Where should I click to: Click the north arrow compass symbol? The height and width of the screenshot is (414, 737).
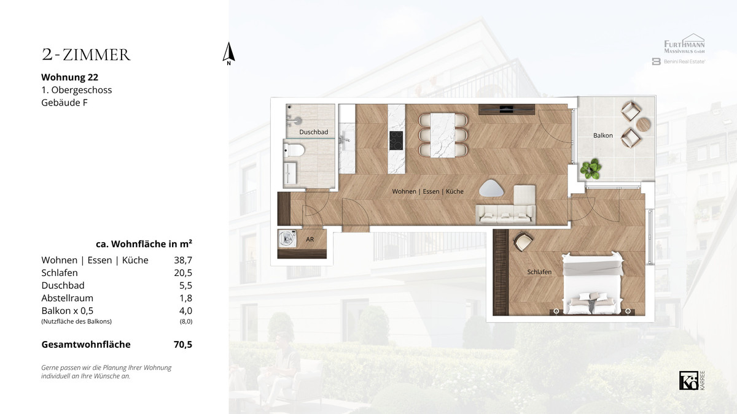228,53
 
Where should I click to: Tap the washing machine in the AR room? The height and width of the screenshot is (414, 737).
287,239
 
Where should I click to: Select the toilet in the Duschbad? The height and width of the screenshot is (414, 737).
294,150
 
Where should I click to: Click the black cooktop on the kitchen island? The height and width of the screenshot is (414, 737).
396,140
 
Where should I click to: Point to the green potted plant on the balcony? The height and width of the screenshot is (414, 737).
591,169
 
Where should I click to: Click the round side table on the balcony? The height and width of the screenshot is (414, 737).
643,125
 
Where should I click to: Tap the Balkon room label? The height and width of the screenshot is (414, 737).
602,136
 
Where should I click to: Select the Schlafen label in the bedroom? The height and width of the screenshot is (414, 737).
539,272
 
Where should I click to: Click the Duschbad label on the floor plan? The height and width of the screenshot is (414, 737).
314,132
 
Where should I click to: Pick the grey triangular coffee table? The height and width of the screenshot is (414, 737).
491,189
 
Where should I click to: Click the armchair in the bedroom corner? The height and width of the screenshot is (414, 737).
523,242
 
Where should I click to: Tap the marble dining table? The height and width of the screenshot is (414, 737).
443,135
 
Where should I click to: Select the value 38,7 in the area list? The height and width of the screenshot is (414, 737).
183,260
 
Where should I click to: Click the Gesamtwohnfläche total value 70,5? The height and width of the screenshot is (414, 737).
183,344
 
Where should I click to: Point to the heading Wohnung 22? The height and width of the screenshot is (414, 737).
70,77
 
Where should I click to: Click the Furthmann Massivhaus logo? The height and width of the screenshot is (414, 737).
684,44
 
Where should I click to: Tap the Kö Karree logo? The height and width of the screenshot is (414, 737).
692,380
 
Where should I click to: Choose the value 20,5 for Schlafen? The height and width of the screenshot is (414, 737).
183,273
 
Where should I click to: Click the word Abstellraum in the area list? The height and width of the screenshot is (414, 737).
68,298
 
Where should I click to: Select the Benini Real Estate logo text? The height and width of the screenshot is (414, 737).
684,61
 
